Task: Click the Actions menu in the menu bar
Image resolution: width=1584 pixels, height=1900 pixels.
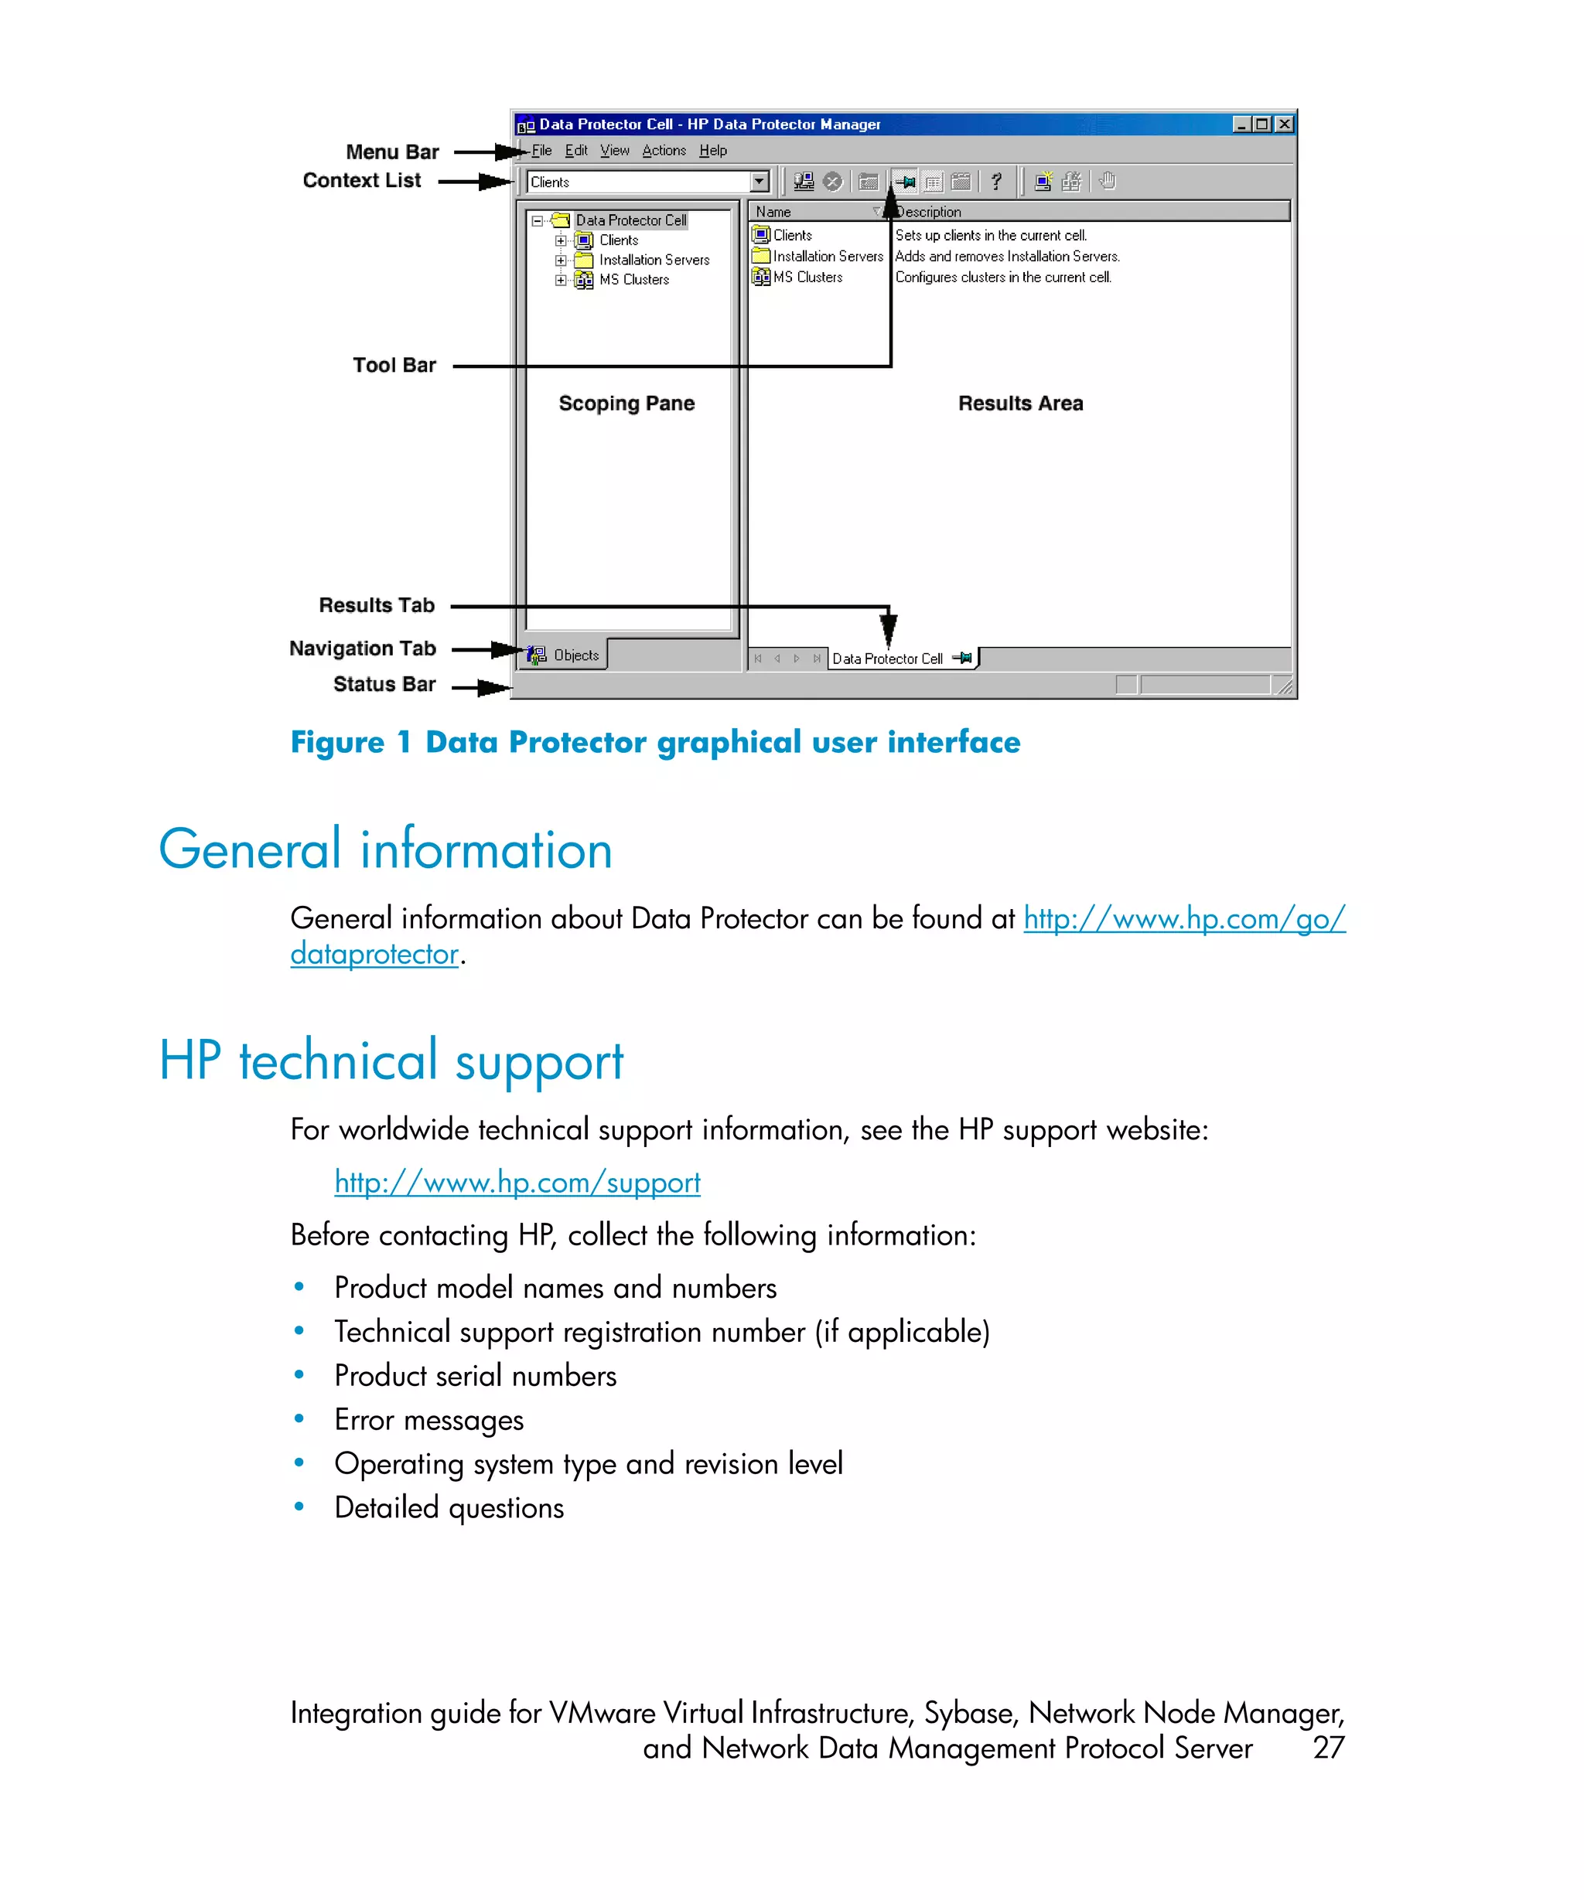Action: coord(664,150)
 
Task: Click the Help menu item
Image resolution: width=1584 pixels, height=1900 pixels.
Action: coord(712,150)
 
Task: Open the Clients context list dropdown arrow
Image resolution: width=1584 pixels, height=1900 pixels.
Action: coord(759,182)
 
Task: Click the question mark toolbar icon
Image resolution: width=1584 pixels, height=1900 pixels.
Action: coord(995,182)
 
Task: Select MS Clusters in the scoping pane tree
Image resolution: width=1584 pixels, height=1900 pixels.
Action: coord(633,280)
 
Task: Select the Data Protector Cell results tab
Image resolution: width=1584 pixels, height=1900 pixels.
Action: coord(887,659)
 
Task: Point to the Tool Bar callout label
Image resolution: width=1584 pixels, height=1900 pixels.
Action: coord(394,366)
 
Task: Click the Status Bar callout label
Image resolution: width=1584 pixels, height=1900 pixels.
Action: coord(384,684)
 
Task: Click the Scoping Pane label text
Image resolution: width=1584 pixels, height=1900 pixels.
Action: coord(626,403)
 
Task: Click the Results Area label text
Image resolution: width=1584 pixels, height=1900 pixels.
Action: coord(1020,403)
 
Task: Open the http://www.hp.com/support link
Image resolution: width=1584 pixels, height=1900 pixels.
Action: coord(517,1183)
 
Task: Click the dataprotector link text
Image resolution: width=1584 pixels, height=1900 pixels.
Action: coord(374,954)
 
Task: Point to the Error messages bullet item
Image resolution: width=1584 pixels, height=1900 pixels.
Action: coord(428,1419)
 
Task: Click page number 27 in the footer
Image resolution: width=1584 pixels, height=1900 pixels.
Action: coord(1328,1747)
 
